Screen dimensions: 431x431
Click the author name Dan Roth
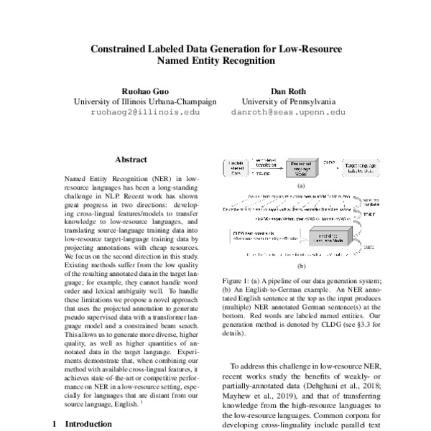point(288,91)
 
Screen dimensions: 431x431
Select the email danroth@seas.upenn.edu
point(288,113)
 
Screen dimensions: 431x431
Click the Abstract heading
point(131,159)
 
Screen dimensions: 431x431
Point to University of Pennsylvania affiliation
point(288,102)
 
